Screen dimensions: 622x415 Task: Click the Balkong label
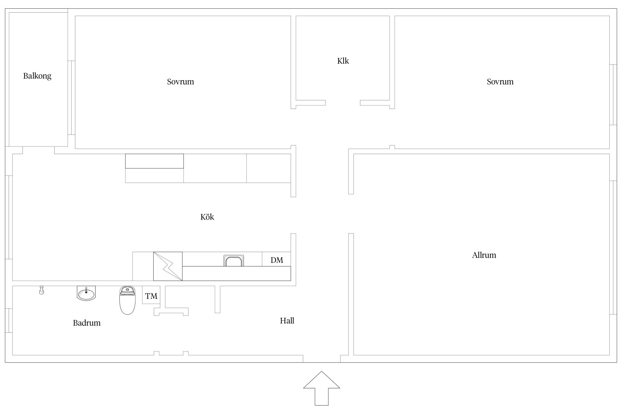(37, 76)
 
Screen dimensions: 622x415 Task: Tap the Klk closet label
(343, 61)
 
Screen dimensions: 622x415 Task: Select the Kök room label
(207, 217)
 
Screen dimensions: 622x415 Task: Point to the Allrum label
(484, 255)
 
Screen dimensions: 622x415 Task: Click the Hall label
(287, 321)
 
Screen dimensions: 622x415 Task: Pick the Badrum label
(87, 323)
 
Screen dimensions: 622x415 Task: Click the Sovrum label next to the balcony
(181, 82)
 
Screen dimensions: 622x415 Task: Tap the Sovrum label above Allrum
(500, 82)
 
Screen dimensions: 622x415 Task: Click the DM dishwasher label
(277, 260)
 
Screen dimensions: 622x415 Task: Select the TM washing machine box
(151, 295)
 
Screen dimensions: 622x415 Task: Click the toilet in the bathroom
(127, 300)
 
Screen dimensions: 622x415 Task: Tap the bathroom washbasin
(86, 293)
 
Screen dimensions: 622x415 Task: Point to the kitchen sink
(234, 261)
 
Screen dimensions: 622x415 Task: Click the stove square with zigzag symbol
(168, 266)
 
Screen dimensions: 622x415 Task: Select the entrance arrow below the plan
(322, 388)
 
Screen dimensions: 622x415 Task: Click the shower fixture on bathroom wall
(41, 290)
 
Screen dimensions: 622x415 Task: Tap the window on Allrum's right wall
(613, 248)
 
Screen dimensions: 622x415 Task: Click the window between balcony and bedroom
(71, 98)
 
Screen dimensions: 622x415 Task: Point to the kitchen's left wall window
(9, 217)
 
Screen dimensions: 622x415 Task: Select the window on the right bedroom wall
(613, 95)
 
